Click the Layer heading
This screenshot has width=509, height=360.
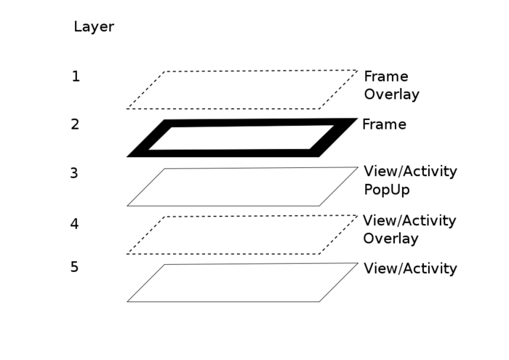[x=94, y=28]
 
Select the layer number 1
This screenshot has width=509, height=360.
[x=76, y=76]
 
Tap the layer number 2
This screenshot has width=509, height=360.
[x=75, y=124]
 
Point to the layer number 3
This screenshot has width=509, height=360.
[x=74, y=174]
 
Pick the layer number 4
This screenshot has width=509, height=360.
[x=74, y=224]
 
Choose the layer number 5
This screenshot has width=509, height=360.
[x=74, y=268]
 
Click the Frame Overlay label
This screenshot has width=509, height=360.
[x=391, y=86]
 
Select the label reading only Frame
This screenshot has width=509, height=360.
[x=384, y=125]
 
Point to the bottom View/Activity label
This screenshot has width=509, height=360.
[x=410, y=269]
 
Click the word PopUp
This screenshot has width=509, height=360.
[x=387, y=191]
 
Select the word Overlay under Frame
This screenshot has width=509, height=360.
[x=391, y=95]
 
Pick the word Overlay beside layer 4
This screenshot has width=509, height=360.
[x=390, y=239]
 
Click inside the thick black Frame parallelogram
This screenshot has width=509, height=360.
[x=241, y=138]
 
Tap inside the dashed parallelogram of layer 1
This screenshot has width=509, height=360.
[x=241, y=90]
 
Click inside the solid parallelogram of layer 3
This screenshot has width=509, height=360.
[x=241, y=188]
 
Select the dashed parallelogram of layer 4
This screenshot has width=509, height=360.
[x=241, y=236]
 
